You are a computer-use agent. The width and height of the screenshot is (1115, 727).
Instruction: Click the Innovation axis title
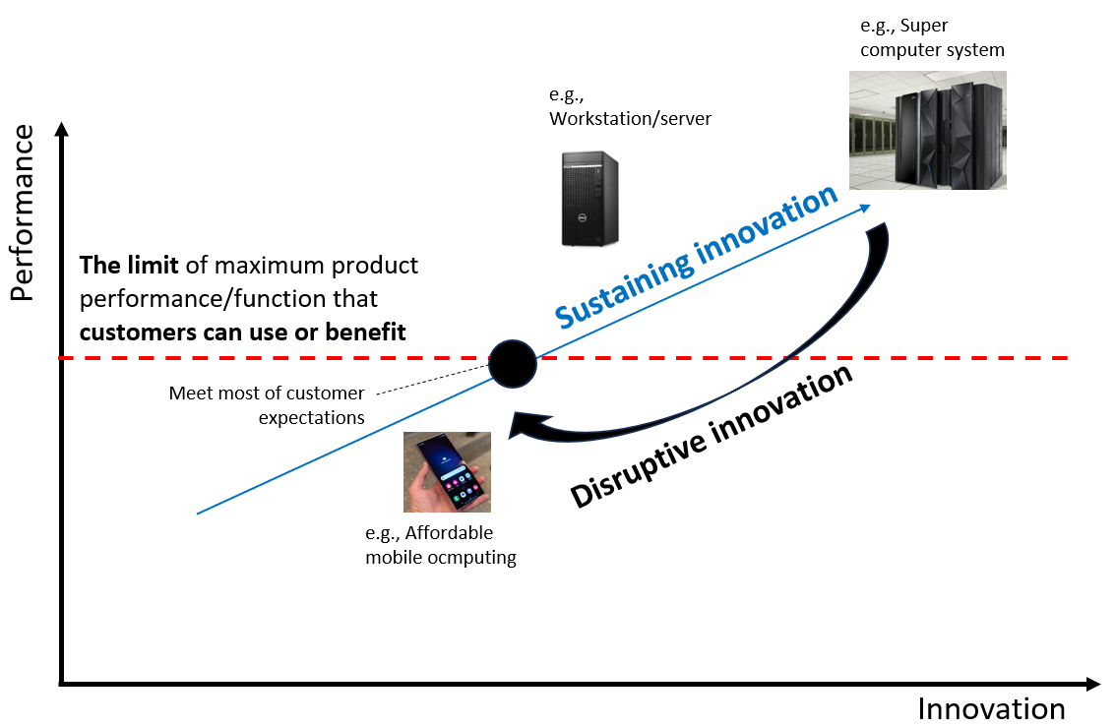(991, 708)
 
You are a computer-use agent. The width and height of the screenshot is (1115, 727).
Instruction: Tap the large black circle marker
(513, 362)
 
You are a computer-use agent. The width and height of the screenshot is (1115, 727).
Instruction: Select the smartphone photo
(447, 472)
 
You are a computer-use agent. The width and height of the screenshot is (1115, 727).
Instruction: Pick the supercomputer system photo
(927, 131)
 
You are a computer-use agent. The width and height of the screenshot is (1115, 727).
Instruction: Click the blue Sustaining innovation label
(695, 258)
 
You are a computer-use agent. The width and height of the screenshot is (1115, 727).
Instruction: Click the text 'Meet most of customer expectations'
(266, 405)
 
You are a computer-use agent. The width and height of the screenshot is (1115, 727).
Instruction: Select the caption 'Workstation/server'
(630, 119)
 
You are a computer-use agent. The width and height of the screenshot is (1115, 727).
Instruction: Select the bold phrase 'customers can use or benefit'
(243, 333)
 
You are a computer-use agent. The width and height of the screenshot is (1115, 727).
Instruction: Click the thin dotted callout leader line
(433, 381)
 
